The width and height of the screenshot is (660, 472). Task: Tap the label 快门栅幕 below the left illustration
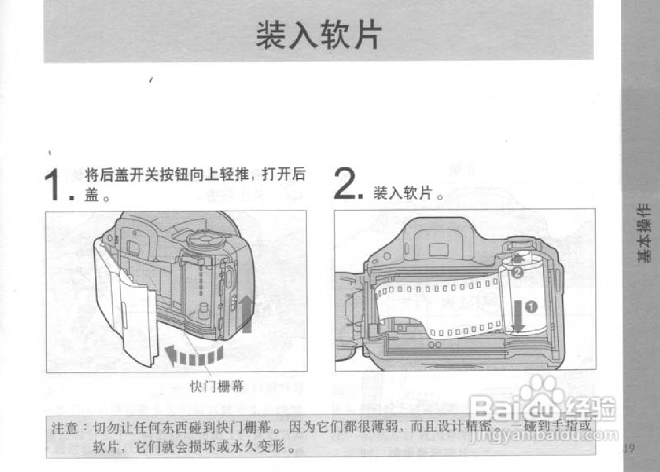pos(217,386)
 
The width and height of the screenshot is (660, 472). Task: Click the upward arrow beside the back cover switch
pos(246,313)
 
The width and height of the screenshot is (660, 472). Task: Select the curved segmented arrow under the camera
pos(194,355)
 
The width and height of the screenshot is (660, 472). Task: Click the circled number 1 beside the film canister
pos(532,307)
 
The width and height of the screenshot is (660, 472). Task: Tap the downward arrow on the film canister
pos(518,316)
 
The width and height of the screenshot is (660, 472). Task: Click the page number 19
pos(628,447)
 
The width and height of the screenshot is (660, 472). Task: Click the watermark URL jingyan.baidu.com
pos(544,435)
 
